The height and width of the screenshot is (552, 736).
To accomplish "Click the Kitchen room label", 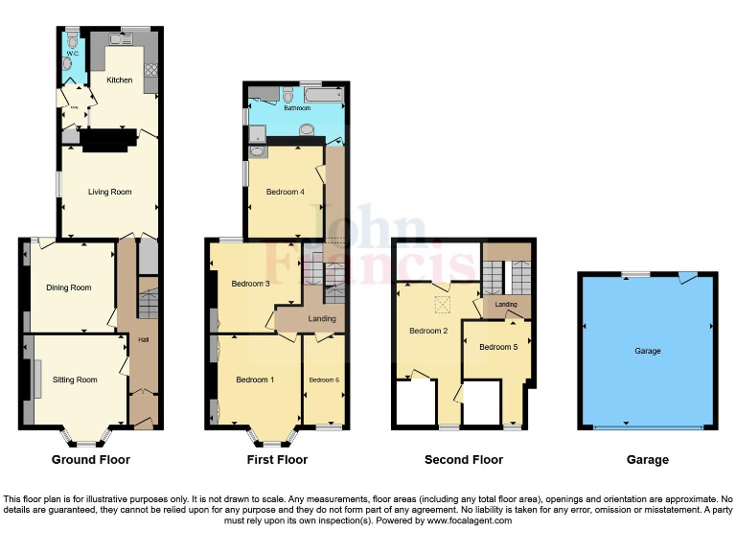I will [120, 80].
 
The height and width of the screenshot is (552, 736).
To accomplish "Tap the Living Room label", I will [109, 192].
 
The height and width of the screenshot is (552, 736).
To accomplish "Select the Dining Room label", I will [69, 287].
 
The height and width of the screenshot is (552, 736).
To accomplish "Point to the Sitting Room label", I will [75, 379].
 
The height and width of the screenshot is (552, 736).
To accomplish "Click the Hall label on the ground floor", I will [144, 340].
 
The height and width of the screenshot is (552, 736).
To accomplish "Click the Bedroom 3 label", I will [249, 284].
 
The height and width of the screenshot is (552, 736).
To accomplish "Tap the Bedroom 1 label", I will [255, 379].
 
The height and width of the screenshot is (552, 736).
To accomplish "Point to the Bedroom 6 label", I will [323, 379].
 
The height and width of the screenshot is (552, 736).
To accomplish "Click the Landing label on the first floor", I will [321, 319].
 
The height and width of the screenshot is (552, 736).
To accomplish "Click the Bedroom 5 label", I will [497, 346].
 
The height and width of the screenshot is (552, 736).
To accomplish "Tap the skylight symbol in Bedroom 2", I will [443, 304].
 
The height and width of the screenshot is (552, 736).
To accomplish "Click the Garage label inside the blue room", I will [647, 351].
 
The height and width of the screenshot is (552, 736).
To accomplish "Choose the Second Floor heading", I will [464, 460].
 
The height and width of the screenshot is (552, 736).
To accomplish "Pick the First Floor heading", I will [278, 460].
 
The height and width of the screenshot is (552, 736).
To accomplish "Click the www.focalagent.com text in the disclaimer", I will [470, 520].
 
